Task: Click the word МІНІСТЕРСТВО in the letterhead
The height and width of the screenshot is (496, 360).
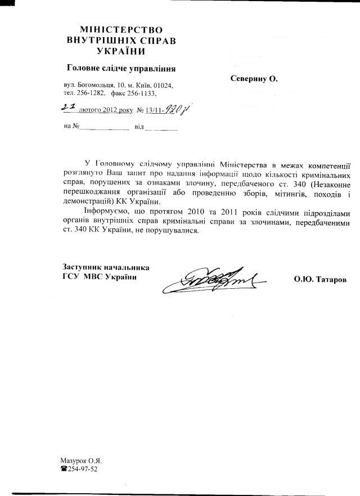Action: tap(121, 29)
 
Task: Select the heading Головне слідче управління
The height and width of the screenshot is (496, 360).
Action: tap(121, 69)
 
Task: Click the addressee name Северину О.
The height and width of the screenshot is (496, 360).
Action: tap(254, 79)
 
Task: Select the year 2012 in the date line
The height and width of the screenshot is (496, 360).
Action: tap(107, 111)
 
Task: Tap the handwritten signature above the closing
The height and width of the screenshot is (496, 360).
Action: tap(217, 279)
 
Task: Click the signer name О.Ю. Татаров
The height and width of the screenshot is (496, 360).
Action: tap(319, 279)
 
